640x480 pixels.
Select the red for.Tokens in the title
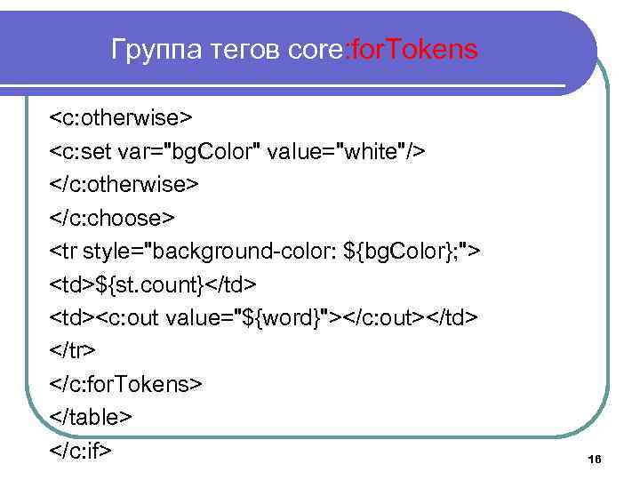pyautogui.click(x=415, y=50)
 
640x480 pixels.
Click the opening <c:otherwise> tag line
pyautogui.click(x=122, y=118)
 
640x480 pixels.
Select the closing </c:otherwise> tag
pyautogui.click(x=125, y=184)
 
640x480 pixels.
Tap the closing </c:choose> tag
pyautogui.click(x=113, y=218)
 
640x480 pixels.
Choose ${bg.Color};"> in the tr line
pyautogui.click(x=418, y=251)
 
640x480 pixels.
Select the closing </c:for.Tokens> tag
pyautogui.click(x=127, y=384)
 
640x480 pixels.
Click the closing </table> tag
pyautogui.click(x=92, y=417)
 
